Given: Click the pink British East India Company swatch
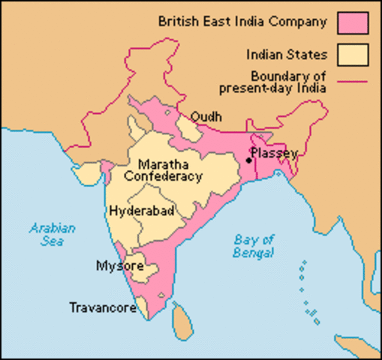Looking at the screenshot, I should (x=353, y=22).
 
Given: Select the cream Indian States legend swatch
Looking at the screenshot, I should (x=353, y=55).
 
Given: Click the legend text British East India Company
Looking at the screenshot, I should (x=242, y=21).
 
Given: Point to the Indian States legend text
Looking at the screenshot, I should (x=287, y=55).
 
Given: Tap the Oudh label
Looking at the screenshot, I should (x=206, y=117).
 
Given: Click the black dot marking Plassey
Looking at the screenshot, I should (x=248, y=160).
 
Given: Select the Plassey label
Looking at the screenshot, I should (x=275, y=153).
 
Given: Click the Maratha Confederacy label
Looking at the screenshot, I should (x=164, y=170).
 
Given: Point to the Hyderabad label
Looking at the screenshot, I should (x=142, y=211).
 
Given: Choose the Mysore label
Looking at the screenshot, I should (x=116, y=265).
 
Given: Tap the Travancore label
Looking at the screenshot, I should (x=102, y=307).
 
